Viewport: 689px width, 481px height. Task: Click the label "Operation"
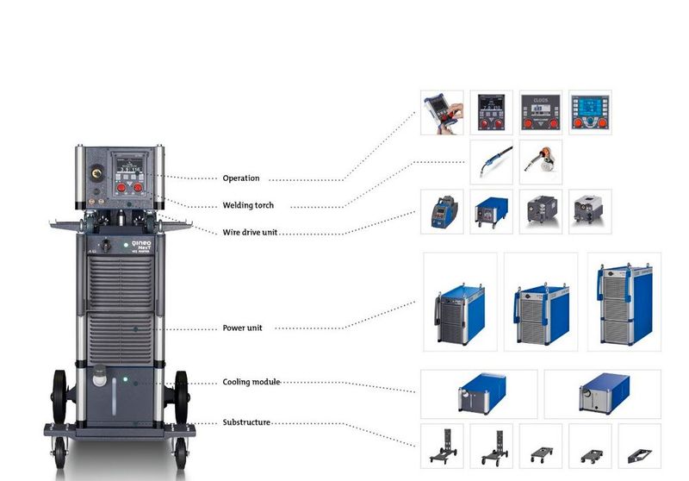click(x=240, y=178)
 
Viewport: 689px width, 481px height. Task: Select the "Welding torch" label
click(x=247, y=206)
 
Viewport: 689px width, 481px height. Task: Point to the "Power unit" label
click(x=242, y=328)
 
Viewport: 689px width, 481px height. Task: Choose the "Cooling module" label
click(x=251, y=382)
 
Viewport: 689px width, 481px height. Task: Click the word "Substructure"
click(x=246, y=422)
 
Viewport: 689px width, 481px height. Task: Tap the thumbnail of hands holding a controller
click(x=442, y=112)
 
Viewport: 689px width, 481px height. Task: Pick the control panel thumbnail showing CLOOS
click(x=541, y=112)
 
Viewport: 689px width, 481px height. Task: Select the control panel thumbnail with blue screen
click(x=590, y=112)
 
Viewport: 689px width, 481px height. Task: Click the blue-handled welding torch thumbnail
click(x=492, y=162)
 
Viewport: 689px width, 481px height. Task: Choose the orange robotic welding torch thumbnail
click(x=541, y=162)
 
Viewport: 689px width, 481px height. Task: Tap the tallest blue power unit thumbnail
click(x=624, y=301)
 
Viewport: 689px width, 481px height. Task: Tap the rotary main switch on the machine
click(x=105, y=246)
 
